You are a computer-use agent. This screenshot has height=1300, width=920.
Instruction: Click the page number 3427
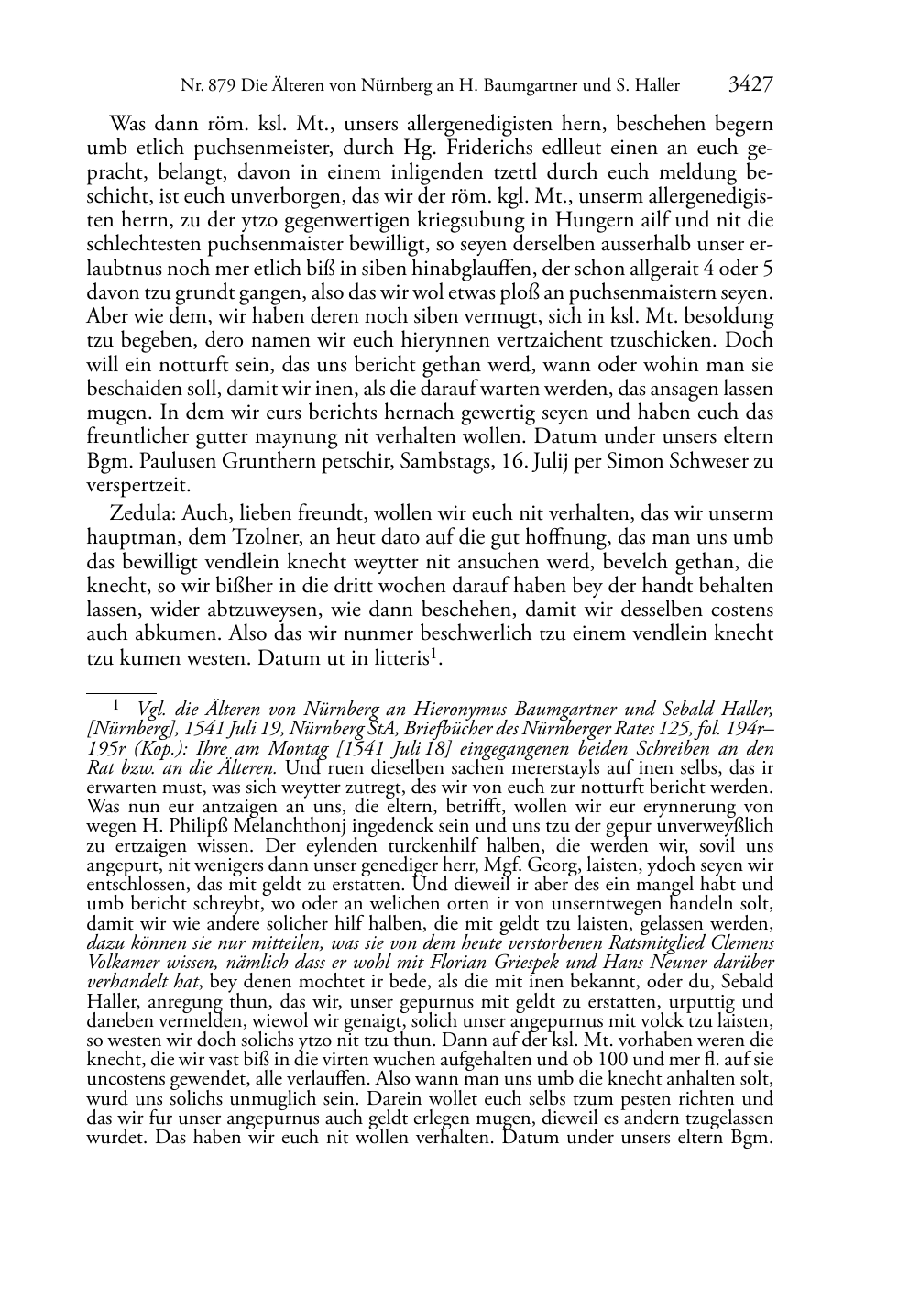coord(750,85)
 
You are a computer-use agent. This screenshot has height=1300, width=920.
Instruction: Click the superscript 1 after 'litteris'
coord(439,654)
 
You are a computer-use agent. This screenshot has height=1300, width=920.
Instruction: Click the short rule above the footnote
coord(121,682)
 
